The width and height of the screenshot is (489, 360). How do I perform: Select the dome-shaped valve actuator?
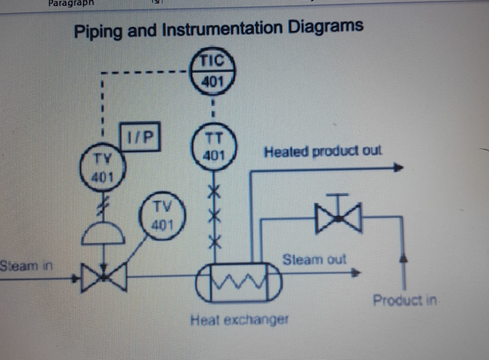[x=104, y=233]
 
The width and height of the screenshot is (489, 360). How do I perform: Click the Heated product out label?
[x=322, y=152]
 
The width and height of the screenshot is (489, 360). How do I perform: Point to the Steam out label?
[x=314, y=259]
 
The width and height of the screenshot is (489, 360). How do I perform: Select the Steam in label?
[x=26, y=266]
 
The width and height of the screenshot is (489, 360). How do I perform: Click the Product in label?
[x=405, y=300]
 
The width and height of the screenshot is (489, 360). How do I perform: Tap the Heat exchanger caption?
[x=239, y=320]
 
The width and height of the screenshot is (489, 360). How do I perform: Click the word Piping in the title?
[x=98, y=32]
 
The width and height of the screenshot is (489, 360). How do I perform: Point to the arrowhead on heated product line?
[x=398, y=167]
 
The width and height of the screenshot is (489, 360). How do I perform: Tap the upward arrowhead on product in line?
[x=404, y=258]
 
